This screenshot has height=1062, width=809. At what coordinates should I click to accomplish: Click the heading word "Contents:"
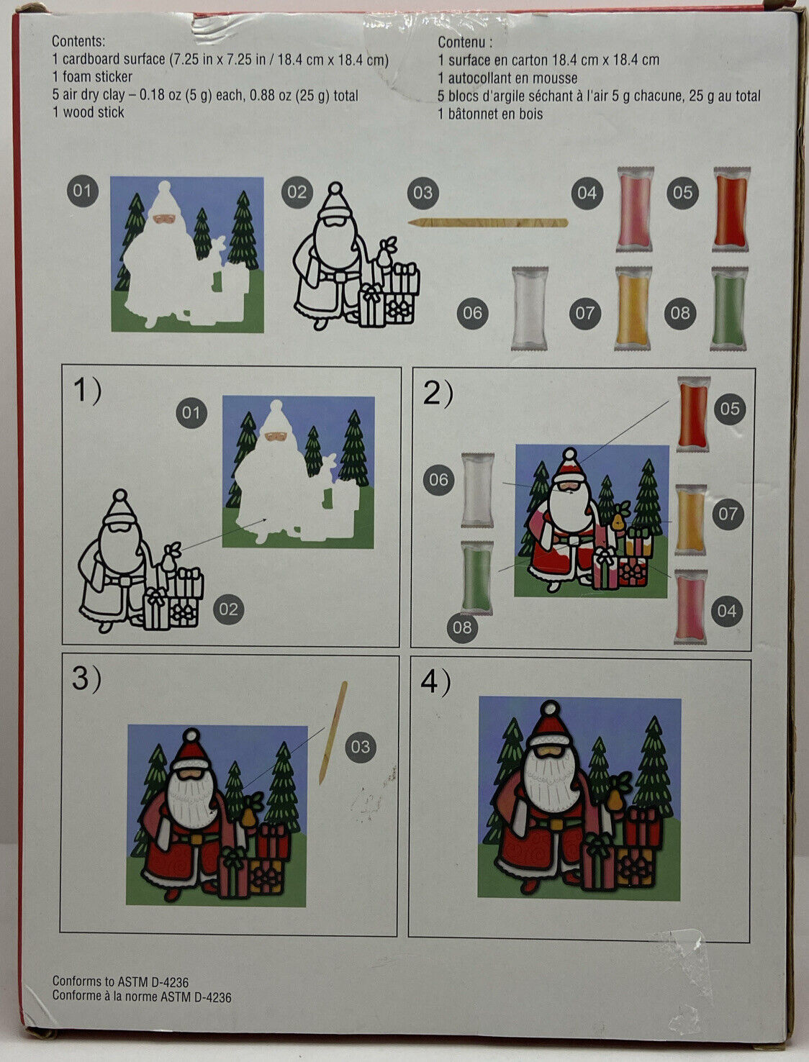[x=78, y=42]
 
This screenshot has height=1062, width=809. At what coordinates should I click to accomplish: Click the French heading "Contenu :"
[x=465, y=42]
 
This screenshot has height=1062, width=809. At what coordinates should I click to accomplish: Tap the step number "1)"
[x=87, y=392]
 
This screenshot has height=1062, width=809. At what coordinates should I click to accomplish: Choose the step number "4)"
[x=435, y=682]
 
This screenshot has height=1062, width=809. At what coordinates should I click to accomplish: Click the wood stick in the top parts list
[x=488, y=222]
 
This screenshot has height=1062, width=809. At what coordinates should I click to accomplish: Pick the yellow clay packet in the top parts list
[x=633, y=308]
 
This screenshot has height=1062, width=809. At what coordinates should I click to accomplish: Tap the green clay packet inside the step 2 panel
[x=476, y=578]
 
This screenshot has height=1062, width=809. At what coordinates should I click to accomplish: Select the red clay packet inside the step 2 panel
[x=693, y=414]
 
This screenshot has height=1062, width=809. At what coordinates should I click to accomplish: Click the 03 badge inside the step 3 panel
[x=360, y=747]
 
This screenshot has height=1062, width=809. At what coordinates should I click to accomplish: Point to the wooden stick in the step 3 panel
[x=333, y=732]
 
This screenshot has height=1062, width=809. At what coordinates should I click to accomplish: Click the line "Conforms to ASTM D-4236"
[x=121, y=982]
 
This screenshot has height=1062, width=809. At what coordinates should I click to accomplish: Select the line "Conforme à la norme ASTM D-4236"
[x=142, y=997]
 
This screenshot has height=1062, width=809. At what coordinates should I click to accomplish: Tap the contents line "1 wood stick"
[x=88, y=112]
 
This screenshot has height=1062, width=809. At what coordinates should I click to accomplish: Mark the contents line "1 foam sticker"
[x=92, y=76]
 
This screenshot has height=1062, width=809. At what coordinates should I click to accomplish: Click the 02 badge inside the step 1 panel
[x=228, y=609]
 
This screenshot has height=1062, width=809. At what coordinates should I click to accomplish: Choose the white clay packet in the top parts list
[x=530, y=308]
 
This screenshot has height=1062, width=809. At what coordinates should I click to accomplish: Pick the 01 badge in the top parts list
[x=82, y=191]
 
